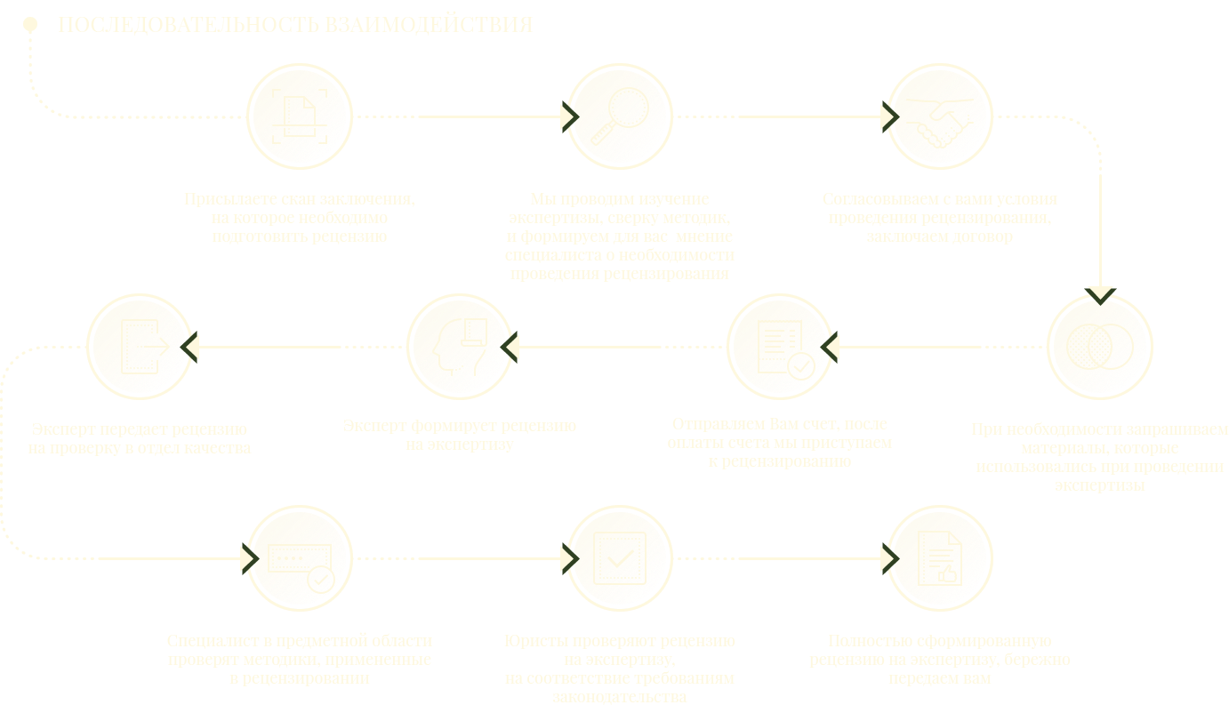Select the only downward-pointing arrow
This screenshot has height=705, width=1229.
click(1101, 288)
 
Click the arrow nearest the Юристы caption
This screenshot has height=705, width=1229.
click(562, 558)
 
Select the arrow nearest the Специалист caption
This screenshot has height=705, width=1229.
click(242, 558)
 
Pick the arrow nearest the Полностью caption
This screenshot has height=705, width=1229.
click(882, 558)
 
